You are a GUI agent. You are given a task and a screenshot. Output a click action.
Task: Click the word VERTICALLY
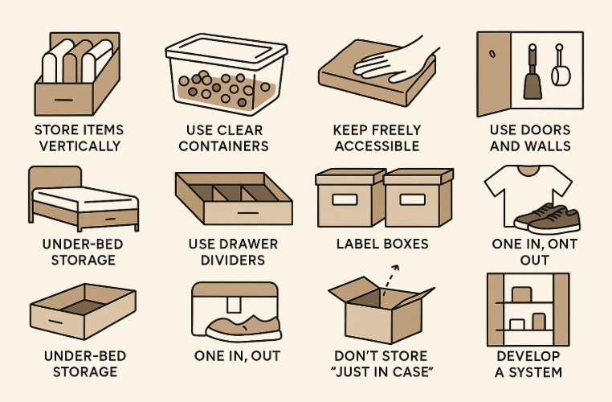pos(80,146)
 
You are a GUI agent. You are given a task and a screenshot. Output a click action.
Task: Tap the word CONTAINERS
pos(223,146)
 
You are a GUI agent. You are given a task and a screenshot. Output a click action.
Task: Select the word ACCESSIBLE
pos(377,146)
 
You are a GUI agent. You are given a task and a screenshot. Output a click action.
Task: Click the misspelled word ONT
pos(562,244)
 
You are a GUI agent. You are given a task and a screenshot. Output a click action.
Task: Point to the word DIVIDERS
pos(233,260)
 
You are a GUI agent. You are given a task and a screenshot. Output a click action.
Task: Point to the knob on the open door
pos(492,53)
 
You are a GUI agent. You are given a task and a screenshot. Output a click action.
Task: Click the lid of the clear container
pos(226,50)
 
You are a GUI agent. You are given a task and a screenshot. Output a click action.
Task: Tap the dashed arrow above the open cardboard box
pos(390,281)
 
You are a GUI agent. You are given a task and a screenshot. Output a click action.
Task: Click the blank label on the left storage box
pos(345,199)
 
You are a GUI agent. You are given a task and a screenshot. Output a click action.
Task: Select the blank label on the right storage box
pos(413,199)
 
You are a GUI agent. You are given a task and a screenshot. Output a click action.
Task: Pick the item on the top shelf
pos(522,294)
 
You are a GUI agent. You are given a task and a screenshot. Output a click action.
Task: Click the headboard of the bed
pos(55,178)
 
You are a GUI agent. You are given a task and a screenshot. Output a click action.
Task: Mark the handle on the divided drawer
pos(248,213)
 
